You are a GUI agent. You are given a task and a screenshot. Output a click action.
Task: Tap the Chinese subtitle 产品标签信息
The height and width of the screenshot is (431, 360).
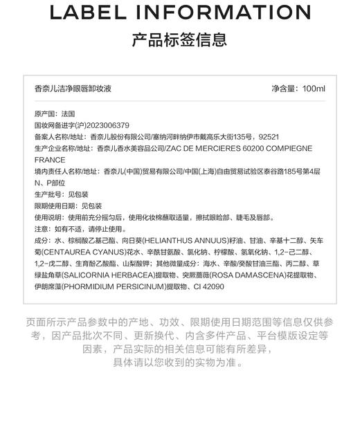click(179, 40)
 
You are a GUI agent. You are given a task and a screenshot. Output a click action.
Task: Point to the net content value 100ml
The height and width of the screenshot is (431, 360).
click(314, 89)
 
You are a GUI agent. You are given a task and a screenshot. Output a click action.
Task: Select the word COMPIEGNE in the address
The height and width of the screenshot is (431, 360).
click(284, 148)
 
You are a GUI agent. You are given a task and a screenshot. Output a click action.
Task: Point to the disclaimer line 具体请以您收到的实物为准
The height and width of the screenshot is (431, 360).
click(179, 362)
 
